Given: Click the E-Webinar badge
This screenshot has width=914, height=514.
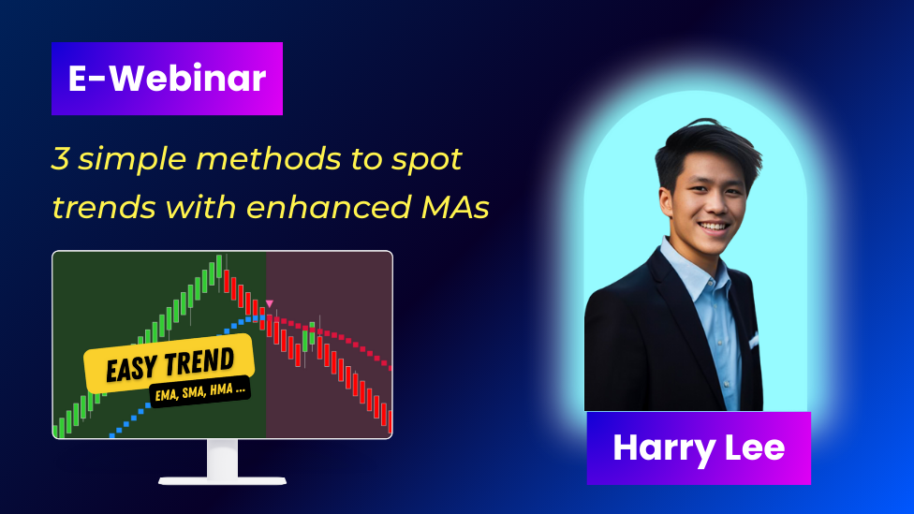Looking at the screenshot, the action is click(x=167, y=79).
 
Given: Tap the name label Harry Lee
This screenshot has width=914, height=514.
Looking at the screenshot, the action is click(x=699, y=448).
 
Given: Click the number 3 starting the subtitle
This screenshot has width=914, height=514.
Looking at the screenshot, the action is click(x=60, y=158).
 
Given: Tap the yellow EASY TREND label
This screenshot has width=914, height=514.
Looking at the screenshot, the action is click(x=170, y=362).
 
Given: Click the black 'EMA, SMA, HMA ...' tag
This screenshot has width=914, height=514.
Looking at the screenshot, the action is click(x=200, y=391).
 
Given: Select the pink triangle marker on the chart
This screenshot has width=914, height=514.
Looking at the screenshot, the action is click(x=270, y=303).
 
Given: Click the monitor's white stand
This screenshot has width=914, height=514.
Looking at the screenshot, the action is click(x=222, y=463).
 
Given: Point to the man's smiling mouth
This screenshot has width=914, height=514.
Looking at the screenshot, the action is click(x=714, y=226).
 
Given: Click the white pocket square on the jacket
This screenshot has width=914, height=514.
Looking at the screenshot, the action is click(x=754, y=341).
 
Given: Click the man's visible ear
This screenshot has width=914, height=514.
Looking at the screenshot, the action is click(x=666, y=202).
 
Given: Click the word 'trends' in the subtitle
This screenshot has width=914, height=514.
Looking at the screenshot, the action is click(x=104, y=207).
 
